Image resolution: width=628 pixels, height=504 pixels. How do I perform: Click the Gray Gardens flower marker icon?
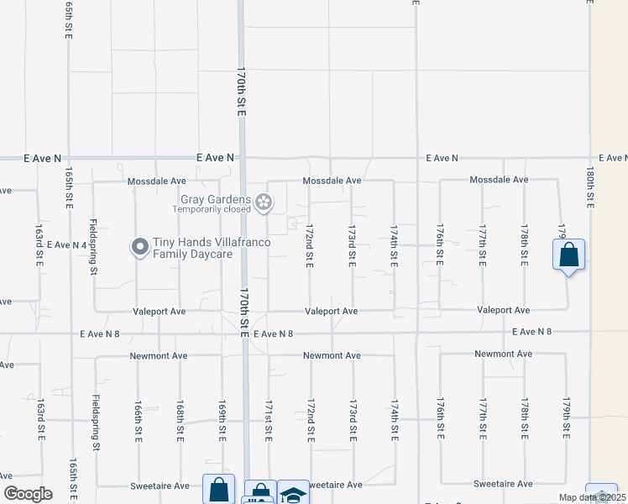click(x=264, y=202)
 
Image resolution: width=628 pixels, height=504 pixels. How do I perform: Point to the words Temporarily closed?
click(x=212, y=210)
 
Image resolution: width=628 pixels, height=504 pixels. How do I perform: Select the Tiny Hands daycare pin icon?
click(x=139, y=247)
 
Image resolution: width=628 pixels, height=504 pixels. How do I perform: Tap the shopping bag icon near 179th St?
click(x=568, y=254)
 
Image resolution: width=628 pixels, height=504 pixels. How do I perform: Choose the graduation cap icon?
click(x=293, y=494)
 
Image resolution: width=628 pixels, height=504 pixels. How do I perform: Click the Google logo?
click(x=28, y=494)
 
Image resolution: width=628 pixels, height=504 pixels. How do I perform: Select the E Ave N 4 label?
click(x=68, y=244)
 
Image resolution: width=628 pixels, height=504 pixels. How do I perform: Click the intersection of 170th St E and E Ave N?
click(x=242, y=158)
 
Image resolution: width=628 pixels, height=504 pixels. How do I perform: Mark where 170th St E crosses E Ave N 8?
click(x=244, y=333)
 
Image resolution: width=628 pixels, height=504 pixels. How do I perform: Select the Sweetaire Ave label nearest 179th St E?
click(x=503, y=484)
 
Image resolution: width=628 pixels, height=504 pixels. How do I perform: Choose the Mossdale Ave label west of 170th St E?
click(x=156, y=181)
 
